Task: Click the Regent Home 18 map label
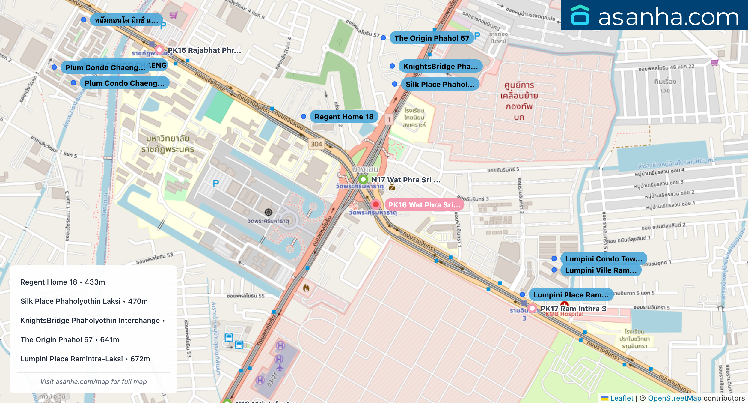click(344, 117)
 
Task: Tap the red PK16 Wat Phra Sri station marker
click(375, 204)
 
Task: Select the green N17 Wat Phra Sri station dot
click(363, 179)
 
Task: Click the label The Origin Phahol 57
click(432, 38)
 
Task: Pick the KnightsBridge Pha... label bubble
click(440, 66)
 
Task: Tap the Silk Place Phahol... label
click(440, 84)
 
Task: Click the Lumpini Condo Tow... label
click(603, 259)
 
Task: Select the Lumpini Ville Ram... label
click(601, 270)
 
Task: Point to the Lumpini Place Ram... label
click(571, 295)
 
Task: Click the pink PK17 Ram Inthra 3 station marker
click(532, 308)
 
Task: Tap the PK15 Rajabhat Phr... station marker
click(159, 50)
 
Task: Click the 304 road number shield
click(316, 144)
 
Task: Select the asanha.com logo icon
click(580, 16)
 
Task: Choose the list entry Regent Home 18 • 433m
click(63, 282)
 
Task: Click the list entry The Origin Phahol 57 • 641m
click(70, 340)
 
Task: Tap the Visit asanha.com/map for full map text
click(93, 381)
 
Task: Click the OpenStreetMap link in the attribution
click(674, 398)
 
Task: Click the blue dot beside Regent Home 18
click(304, 116)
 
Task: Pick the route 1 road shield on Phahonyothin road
click(389, 120)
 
